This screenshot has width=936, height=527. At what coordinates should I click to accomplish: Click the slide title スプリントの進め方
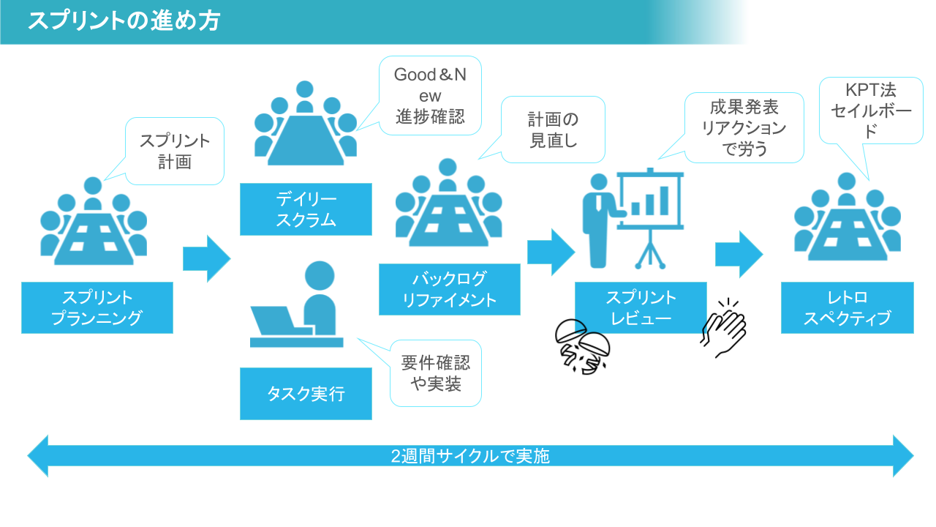click(x=124, y=20)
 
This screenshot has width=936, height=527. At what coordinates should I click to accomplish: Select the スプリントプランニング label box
click(x=97, y=307)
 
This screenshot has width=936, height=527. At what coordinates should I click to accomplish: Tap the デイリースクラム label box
click(x=306, y=209)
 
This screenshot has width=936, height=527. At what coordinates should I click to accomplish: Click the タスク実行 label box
click(x=306, y=394)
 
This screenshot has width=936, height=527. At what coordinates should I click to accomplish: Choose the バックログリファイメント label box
click(x=449, y=289)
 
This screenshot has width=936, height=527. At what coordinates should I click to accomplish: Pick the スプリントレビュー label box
click(x=641, y=307)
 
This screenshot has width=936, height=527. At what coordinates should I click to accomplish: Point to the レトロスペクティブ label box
click(x=847, y=307)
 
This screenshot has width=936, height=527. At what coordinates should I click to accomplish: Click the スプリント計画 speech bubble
click(x=175, y=151)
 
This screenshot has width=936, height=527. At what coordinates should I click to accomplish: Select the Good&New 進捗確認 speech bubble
click(x=430, y=96)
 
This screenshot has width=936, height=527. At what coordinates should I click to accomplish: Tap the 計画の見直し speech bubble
click(x=553, y=130)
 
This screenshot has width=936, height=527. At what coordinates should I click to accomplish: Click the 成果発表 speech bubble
click(x=744, y=128)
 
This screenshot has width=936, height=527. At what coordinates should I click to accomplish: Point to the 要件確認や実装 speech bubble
click(x=435, y=373)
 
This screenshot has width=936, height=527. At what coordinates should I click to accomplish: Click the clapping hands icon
click(x=724, y=329)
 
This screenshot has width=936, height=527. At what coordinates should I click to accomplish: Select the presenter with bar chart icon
click(x=633, y=217)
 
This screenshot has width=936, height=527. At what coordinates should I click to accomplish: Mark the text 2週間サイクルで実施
click(x=470, y=456)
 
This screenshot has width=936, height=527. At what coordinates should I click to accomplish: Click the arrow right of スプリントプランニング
click(x=206, y=258)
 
